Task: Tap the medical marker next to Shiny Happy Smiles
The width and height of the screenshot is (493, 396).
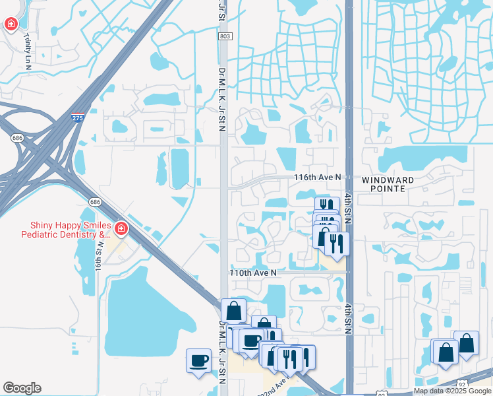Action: click(121, 229)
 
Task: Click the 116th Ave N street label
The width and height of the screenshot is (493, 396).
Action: click(317, 178)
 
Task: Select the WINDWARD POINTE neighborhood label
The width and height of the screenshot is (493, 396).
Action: click(388, 184)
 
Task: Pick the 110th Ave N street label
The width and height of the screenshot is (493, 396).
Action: click(252, 272)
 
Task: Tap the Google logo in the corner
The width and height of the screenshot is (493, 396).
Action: click(21, 388)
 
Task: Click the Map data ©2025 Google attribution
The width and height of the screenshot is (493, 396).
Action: click(451, 391)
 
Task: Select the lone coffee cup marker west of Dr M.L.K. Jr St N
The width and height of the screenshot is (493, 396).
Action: click(199, 361)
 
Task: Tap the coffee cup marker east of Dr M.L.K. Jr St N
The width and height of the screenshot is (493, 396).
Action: click(251, 341)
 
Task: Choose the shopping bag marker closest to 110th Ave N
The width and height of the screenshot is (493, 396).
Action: click(233, 310)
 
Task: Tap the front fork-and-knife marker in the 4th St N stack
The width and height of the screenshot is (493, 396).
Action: click(337, 244)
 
